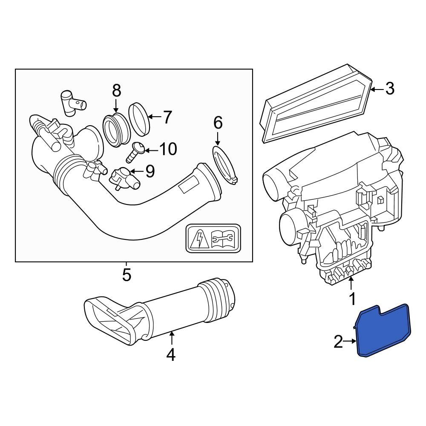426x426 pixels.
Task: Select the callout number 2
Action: pyautogui.click(x=338, y=341)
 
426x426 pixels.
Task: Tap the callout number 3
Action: pyautogui.click(x=389, y=89)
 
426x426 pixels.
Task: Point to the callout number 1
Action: pyautogui.click(x=352, y=299)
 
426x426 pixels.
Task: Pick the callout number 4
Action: pyautogui.click(x=171, y=354)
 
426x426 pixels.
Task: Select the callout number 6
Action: pyautogui.click(x=218, y=123)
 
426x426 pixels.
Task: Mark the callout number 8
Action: pyautogui.click(x=116, y=90)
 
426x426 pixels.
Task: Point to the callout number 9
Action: pyautogui.click(x=150, y=171)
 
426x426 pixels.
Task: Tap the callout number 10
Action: pyautogui.click(x=167, y=149)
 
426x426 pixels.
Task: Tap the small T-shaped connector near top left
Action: pyautogui.click(x=70, y=102)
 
